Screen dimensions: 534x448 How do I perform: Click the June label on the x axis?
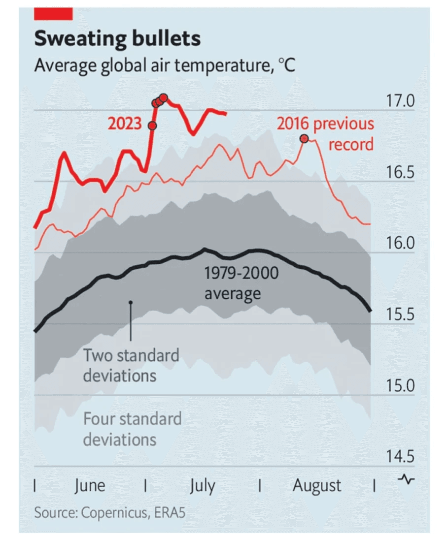(x=90, y=486)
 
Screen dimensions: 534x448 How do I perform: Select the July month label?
(x=203, y=486)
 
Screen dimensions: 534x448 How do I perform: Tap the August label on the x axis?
(x=317, y=486)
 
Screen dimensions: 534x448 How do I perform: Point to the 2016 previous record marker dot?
(x=304, y=139)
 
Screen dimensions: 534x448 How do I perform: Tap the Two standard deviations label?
(x=131, y=365)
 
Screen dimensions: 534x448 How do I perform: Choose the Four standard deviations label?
(x=132, y=429)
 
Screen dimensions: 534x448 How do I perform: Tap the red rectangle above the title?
(x=53, y=14)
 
